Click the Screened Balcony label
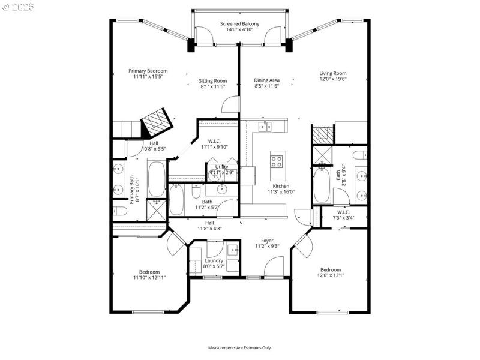[239, 23]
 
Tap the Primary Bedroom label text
[148, 71]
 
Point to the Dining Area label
[267, 80]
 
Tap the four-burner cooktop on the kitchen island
[278, 161]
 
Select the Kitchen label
[281, 187]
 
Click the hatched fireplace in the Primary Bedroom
[157, 122]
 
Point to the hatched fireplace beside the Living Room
[323, 134]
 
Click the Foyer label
[267, 241]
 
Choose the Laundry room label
[214, 260]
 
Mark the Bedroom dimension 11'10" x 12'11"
[148, 277]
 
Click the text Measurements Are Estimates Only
[239, 347]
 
